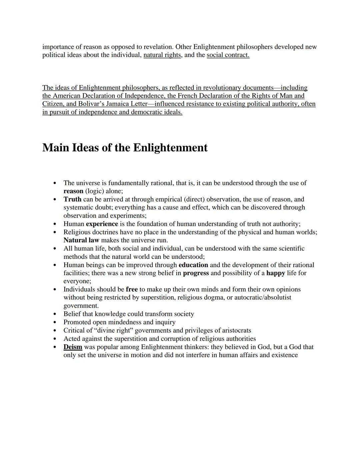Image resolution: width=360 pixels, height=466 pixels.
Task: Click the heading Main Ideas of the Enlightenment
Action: point(125,147)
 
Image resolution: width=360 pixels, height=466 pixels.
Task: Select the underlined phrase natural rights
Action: point(162,55)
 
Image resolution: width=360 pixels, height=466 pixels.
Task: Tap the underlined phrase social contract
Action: point(228,55)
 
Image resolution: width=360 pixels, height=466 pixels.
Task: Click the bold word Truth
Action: point(72,199)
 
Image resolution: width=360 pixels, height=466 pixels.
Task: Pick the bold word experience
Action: point(102,224)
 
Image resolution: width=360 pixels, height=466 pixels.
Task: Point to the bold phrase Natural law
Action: point(81,240)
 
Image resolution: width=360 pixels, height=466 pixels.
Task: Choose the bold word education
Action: point(193,265)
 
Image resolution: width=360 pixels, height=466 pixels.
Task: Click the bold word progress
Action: point(196,273)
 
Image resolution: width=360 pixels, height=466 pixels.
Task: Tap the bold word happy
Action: point(276,273)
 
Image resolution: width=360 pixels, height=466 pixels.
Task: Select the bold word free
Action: point(132,290)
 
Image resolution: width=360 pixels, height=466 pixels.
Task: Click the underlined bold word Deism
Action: point(73,347)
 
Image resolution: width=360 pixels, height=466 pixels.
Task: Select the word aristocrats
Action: point(234,331)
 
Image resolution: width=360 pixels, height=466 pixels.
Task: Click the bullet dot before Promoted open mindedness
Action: point(55,323)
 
